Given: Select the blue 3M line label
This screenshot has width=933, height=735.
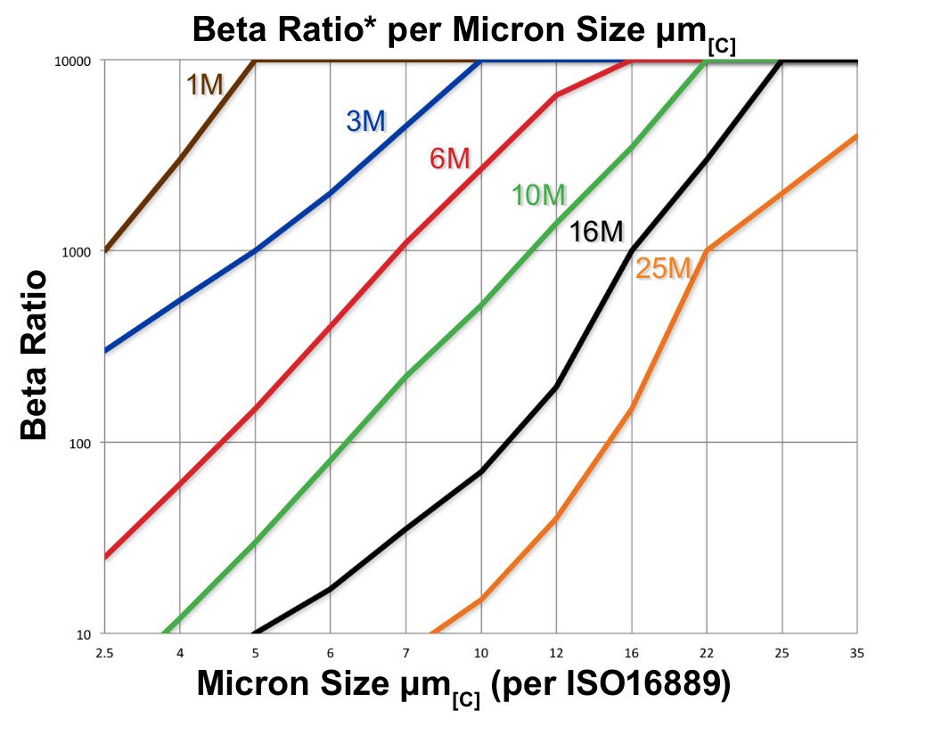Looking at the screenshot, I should tap(365, 121).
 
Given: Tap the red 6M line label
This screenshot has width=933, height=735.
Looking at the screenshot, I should tap(449, 159).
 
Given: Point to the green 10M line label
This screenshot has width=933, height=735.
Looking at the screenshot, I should tap(539, 195).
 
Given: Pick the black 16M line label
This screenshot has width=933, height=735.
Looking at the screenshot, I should tap(596, 233).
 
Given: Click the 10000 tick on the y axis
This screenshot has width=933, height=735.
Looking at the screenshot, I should tap(82, 61).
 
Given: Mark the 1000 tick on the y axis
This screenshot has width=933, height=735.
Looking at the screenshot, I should tap(85, 252).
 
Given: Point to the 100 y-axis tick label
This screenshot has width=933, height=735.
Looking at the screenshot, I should tap(87, 443).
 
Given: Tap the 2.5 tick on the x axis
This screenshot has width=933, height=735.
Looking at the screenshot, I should tap(105, 653).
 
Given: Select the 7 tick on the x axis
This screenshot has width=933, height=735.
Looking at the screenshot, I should tap(406, 653).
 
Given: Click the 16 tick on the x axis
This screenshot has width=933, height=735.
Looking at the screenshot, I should tap(632, 653).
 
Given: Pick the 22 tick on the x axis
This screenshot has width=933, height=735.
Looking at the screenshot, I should tap(707, 653).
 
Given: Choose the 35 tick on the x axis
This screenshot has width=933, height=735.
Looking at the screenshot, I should tap(857, 653).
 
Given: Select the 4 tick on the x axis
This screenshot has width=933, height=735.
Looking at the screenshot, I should tap(180, 653).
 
